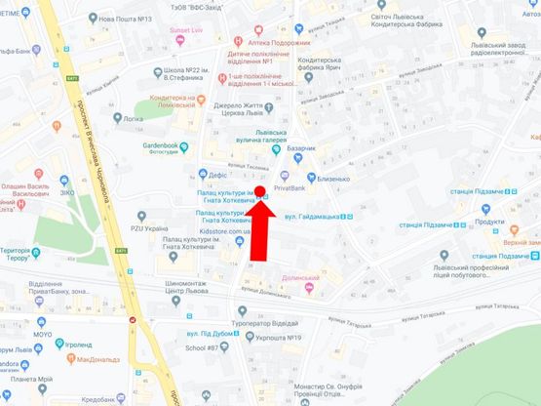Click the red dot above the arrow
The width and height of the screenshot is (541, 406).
point(261,191)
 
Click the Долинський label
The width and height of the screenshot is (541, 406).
point(301,277)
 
